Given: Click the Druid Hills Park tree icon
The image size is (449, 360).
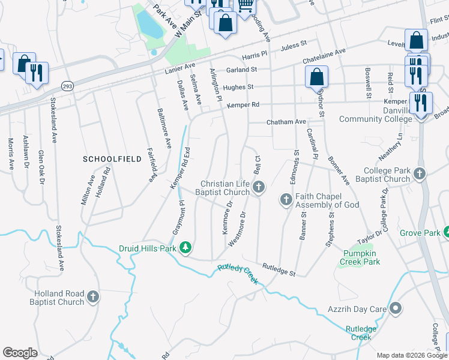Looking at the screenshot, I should tap(186, 247).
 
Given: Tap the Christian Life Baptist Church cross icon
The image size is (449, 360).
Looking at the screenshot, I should tap(259, 188).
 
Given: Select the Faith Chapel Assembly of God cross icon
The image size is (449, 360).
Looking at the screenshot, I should tap(286, 199).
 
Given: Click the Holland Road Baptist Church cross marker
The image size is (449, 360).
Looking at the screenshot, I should tap(93, 296).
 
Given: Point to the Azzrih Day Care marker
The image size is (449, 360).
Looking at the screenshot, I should tap(395, 309).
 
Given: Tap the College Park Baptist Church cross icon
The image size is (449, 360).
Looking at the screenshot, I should tap(419, 174).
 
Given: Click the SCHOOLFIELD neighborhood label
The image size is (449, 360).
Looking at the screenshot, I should tap(112, 159).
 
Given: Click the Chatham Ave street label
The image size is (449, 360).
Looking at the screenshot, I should tap(286, 122).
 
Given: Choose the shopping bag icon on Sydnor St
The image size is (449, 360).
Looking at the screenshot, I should tap(316, 77).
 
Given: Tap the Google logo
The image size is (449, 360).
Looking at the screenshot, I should tap(20, 353).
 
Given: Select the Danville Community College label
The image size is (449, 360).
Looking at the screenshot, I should tap(376, 115).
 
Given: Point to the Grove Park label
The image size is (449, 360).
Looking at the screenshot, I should tap(420, 232).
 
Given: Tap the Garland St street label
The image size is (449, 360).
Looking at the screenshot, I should tap(242, 70).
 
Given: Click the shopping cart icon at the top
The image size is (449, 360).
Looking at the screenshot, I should tap(245, 5).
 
